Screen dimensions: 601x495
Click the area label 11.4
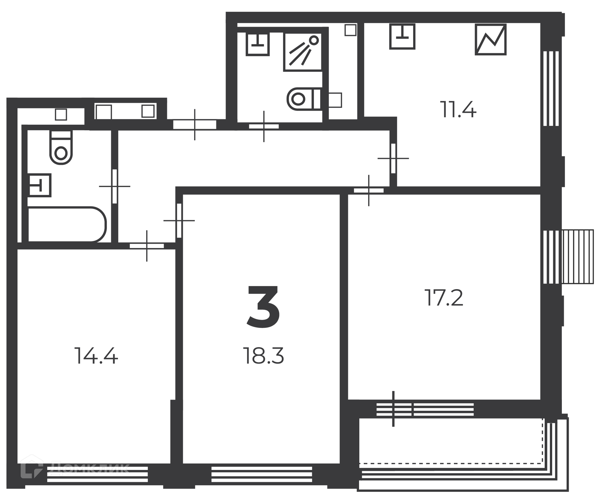tap(458, 109)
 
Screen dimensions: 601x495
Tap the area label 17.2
tap(444, 298)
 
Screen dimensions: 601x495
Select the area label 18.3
tap(263, 356)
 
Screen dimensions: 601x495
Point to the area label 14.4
tap(96, 356)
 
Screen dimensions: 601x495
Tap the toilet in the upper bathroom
tap(304, 99)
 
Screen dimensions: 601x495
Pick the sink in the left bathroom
tap(39, 185)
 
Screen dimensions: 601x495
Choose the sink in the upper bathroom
tap(258, 44)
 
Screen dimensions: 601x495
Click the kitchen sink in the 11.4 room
tap(402, 36)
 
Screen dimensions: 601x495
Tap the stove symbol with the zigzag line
tap(491, 40)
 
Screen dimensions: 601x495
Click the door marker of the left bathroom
tap(115, 186)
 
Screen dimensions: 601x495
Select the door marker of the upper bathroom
tap(264, 126)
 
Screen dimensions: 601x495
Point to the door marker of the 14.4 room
tap(147, 246)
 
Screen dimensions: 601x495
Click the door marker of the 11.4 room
tap(393, 158)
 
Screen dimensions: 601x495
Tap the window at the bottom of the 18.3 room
tap(262, 474)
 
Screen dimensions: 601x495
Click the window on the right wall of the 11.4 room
tap(551, 88)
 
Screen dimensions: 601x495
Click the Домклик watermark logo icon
tap(32, 467)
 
